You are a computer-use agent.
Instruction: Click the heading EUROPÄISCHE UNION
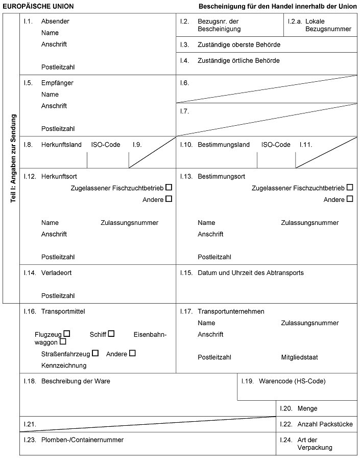coord(38,7)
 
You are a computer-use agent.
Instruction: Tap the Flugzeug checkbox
coord(66,334)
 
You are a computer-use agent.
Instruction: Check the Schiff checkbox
coord(111,334)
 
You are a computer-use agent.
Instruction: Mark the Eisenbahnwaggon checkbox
coord(63,341)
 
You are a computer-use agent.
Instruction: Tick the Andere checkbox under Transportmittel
coord(133,353)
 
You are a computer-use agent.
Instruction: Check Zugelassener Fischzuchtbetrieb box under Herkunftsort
coord(169,188)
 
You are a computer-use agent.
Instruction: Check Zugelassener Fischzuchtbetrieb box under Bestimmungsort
coord(350,188)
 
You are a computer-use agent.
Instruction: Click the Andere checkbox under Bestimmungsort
coord(350,199)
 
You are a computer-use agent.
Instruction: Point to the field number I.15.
coord(185,273)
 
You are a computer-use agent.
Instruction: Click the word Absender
coord(55,21)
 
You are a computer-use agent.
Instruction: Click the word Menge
coord(307,408)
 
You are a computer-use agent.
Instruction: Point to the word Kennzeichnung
coord(64,365)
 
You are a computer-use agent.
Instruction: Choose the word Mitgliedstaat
coord(299,357)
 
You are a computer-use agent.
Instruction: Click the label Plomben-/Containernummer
coord(82,440)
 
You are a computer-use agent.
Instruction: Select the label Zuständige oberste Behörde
coord(239,45)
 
